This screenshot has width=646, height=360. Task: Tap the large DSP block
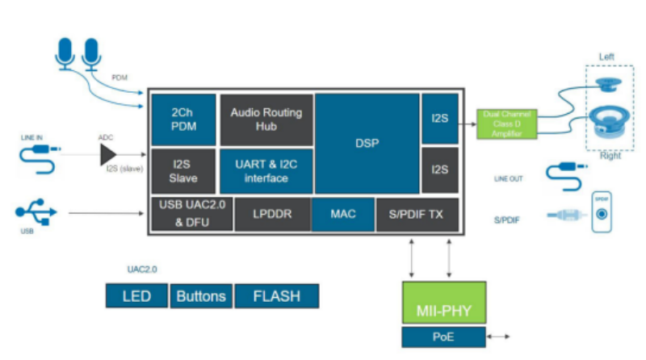click(x=367, y=144)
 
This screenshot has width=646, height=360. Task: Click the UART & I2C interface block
click(x=266, y=170)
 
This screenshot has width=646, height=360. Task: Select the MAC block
click(x=344, y=214)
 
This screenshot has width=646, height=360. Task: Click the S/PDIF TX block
click(x=417, y=214)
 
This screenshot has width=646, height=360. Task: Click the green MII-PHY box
click(x=443, y=303)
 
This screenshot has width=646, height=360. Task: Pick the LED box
click(x=136, y=296)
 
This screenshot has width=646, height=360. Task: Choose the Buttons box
click(x=201, y=296)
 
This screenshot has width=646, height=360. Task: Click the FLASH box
click(x=276, y=296)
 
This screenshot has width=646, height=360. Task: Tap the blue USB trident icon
click(x=36, y=212)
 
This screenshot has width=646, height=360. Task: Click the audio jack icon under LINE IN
click(x=38, y=157)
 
